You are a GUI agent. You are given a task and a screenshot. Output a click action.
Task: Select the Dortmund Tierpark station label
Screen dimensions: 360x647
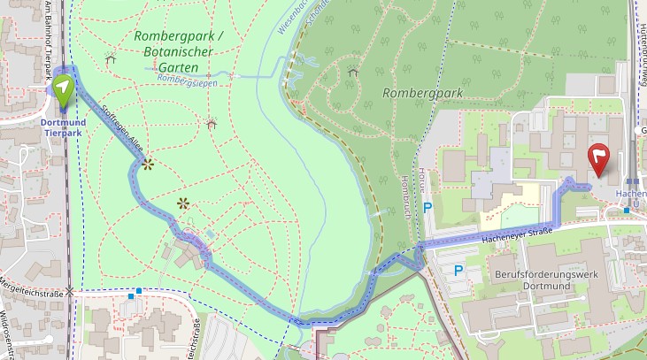click(63, 127)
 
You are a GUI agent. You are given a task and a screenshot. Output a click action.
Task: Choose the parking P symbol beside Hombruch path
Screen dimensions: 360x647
click(427, 208)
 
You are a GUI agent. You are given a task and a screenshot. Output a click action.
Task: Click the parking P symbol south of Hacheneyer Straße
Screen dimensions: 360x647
click(458, 269)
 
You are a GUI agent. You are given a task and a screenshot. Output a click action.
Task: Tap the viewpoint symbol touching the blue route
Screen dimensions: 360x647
click(147, 164)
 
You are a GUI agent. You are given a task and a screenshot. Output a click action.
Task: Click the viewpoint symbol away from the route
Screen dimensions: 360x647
click(183, 203)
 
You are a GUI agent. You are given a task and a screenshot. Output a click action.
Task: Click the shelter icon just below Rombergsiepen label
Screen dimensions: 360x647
click(211, 123)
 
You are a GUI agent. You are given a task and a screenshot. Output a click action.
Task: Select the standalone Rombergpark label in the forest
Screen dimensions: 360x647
click(415, 93)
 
